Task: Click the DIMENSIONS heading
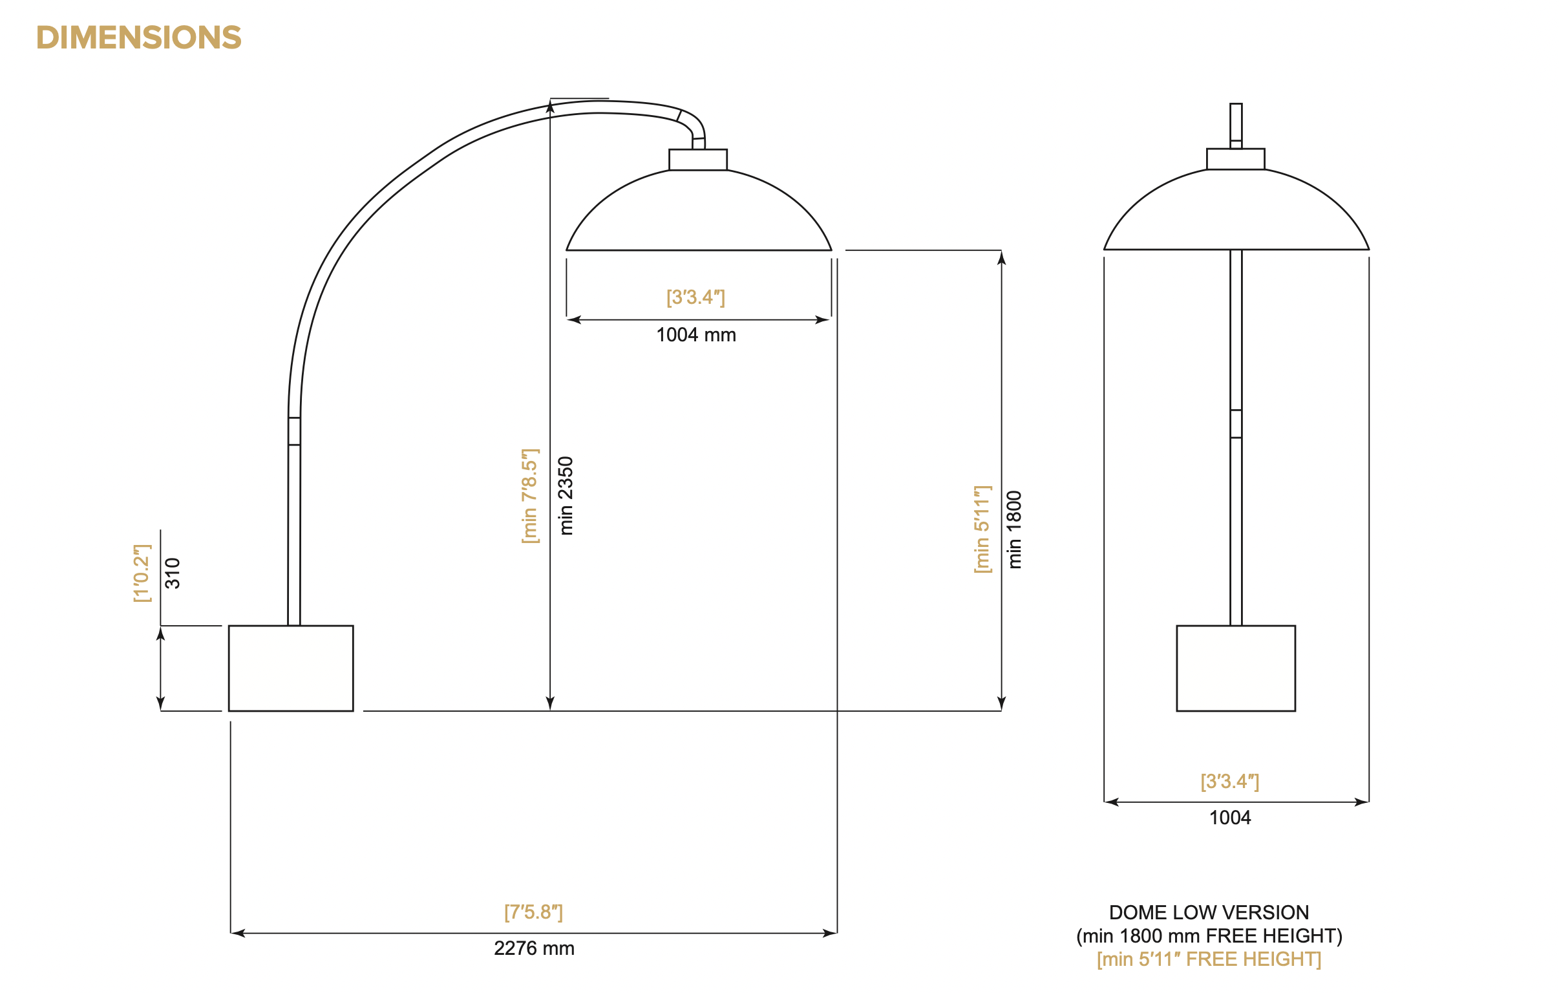pyautogui.click(x=138, y=37)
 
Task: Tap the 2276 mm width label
pyautogui.click(x=533, y=948)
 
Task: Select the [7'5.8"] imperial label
pyautogui.click(x=533, y=912)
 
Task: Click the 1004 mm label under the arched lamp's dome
pyautogui.click(x=696, y=335)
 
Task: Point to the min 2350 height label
pyautogui.click(x=566, y=495)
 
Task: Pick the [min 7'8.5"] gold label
pyautogui.click(x=529, y=495)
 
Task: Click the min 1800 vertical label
pyautogui.click(x=1015, y=529)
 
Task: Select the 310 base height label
pyautogui.click(x=172, y=573)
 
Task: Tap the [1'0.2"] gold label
pyautogui.click(x=141, y=573)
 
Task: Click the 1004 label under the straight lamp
pyautogui.click(x=1229, y=817)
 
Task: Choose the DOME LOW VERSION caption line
pyautogui.click(x=1209, y=912)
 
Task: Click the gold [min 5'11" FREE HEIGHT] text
pyautogui.click(x=1209, y=959)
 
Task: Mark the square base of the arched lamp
pyautogui.click(x=291, y=668)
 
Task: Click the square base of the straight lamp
pyautogui.click(x=1235, y=668)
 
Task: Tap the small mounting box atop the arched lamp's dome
pyautogui.click(x=697, y=159)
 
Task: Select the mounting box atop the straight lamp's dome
pyautogui.click(x=1235, y=158)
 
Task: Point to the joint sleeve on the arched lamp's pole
pyautogui.click(x=294, y=431)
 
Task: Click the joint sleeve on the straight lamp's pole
pyautogui.click(x=1235, y=423)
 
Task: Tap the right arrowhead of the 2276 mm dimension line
pyautogui.click(x=830, y=934)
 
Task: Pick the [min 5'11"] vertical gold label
pyautogui.click(x=982, y=529)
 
